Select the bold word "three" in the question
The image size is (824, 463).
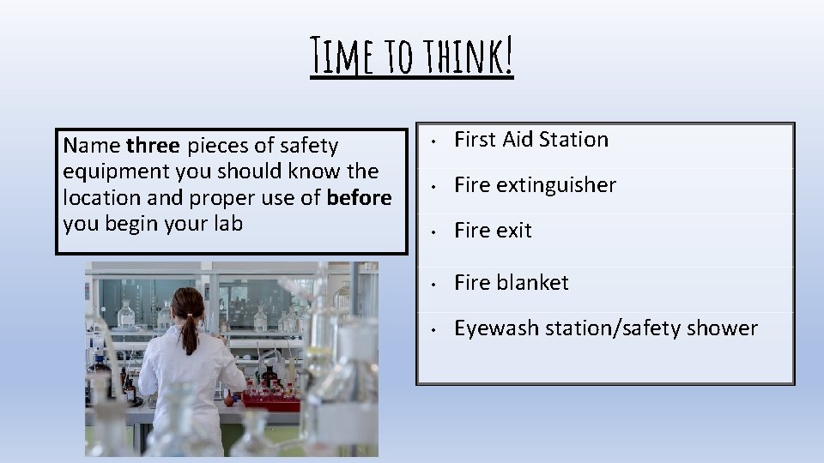click(x=153, y=146)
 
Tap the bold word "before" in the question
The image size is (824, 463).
click(x=359, y=197)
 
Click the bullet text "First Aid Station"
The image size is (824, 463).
click(x=530, y=140)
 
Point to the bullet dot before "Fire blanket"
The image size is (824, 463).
click(x=436, y=284)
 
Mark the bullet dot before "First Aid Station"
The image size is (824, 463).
click(x=436, y=141)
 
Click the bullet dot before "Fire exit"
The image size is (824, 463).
click(x=436, y=231)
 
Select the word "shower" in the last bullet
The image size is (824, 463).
click(x=723, y=328)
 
